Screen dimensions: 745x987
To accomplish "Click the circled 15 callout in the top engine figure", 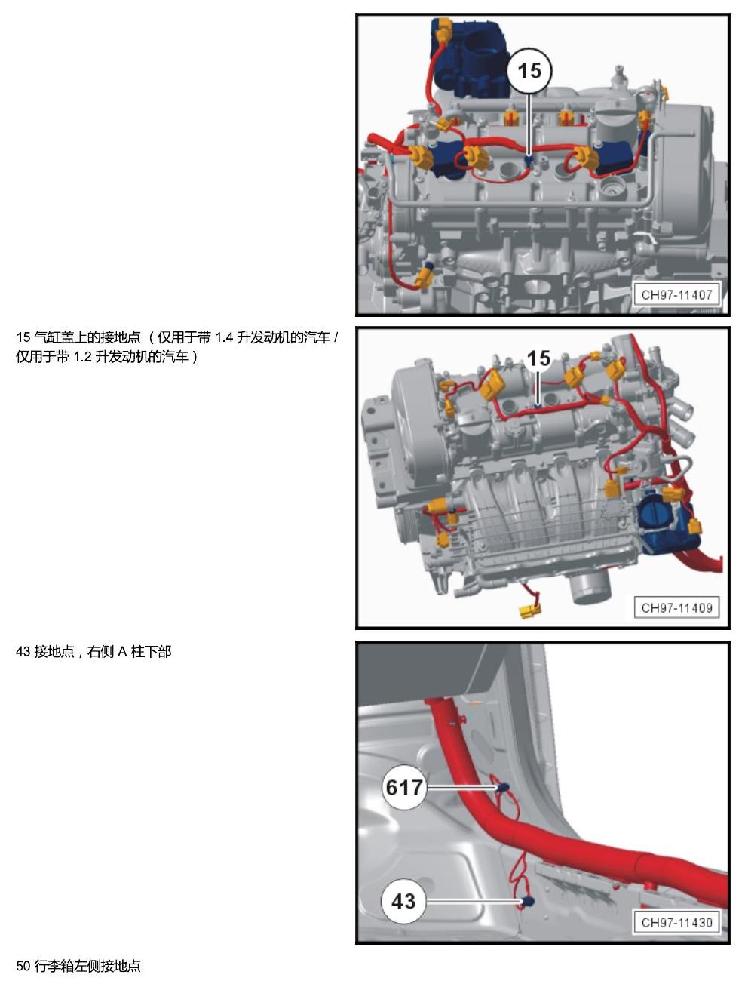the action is (529, 72).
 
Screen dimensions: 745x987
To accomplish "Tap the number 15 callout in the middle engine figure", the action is (538, 358).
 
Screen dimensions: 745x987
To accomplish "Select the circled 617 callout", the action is (404, 787).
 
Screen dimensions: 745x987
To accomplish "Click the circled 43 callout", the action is (403, 901).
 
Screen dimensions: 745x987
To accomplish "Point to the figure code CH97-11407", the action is (676, 295).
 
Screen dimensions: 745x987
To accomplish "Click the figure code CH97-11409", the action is (676, 608).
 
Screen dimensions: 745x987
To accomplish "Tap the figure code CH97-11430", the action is (676, 923).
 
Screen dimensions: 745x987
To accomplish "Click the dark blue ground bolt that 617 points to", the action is (503, 787).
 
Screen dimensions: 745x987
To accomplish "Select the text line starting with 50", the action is (78, 966).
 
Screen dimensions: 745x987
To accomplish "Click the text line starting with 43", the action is (94, 651).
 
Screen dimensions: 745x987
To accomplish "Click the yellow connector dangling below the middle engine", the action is (530, 610).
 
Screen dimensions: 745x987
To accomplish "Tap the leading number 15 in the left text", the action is (23, 337).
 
